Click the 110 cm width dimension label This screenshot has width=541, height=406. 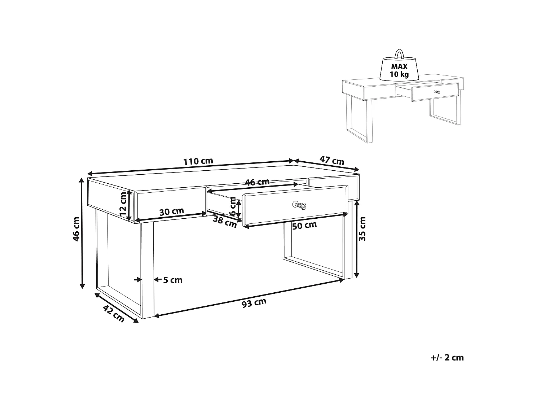pyautogui.click(x=198, y=161)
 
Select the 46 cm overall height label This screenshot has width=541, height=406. pyautogui.click(x=76, y=229)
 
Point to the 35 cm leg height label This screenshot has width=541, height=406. pyautogui.click(x=362, y=229)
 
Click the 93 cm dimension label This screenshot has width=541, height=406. pyautogui.click(x=254, y=303)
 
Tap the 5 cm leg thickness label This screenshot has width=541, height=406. pyautogui.click(x=173, y=280)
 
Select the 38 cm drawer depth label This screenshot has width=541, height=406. pyautogui.click(x=224, y=221)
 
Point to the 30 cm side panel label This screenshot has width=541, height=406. pyautogui.click(x=172, y=211)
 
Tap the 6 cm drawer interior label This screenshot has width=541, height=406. pyautogui.click(x=233, y=208)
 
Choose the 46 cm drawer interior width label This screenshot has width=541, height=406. pyautogui.click(x=257, y=182)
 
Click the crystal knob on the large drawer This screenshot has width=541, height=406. pyautogui.click(x=300, y=205)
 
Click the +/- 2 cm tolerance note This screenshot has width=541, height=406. pyautogui.click(x=447, y=358)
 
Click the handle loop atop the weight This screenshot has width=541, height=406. pyautogui.click(x=399, y=54)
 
